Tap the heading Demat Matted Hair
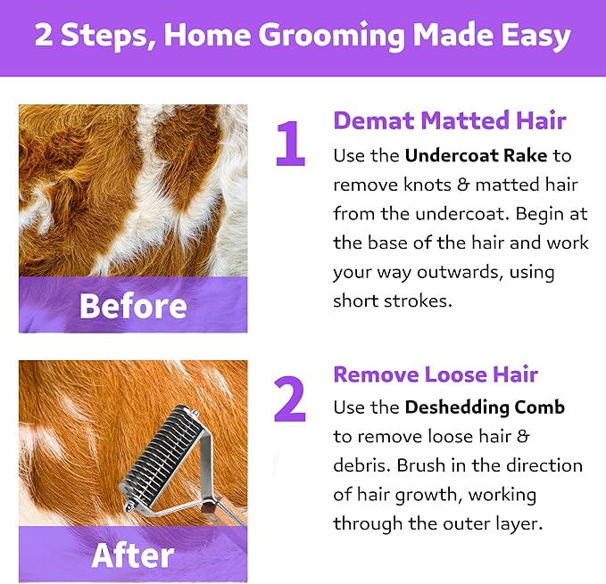(x=450, y=120)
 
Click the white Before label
(x=133, y=306)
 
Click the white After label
(x=133, y=555)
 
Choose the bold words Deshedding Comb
(x=485, y=407)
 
